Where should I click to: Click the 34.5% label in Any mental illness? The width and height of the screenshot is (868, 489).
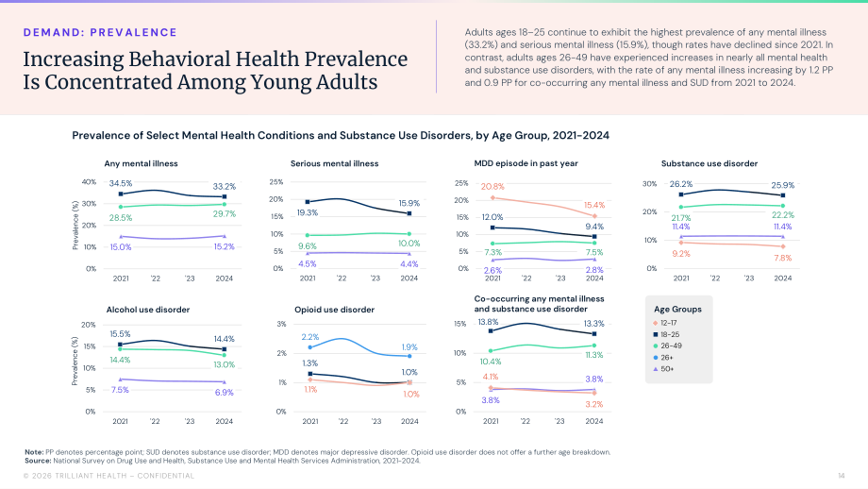point(120,183)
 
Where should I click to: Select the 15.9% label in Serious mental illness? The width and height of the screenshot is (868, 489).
point(409,203)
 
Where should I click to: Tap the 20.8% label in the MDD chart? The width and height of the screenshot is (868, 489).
point(492,187)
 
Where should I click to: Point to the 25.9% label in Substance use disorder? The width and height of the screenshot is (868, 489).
point(782,185)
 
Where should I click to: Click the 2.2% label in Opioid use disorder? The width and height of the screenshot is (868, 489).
point(310,337)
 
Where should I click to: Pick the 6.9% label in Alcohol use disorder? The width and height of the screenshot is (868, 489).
point(224,393)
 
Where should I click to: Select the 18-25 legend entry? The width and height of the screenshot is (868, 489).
point(666,334)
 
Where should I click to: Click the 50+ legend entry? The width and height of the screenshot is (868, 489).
point(663,369)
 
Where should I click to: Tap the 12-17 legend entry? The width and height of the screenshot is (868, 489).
point(665,323)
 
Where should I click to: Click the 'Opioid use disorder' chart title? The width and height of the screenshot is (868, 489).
point(334,310)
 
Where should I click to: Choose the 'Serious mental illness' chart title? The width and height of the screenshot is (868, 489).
point(334,163)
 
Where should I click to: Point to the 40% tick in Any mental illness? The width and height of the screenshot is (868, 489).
point(89,181)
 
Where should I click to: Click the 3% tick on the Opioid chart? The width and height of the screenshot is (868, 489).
point(282,324)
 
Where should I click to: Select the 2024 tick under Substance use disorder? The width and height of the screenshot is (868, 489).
point(783,278)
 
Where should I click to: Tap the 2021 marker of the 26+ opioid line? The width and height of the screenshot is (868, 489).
point(310,347)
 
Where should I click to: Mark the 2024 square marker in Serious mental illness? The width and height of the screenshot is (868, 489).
point(409,213)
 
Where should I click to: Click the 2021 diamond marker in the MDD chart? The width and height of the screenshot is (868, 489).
point(492,197)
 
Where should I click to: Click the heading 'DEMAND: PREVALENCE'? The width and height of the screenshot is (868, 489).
point(100,32)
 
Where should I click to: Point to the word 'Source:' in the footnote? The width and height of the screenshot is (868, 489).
point(38,461)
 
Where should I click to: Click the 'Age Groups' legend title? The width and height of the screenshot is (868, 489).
point(677,309)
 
